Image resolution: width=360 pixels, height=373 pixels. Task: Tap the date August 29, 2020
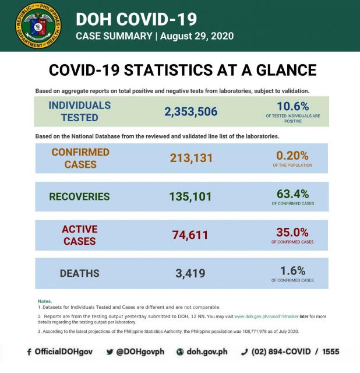196,36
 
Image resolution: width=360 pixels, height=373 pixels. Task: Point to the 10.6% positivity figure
292,107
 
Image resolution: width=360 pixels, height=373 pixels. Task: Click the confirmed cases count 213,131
191,158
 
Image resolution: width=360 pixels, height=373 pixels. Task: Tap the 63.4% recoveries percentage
292,193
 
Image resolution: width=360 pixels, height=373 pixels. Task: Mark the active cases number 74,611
191,235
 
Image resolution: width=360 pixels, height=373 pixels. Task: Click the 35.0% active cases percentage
292,231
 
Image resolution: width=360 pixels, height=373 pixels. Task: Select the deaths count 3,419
191,273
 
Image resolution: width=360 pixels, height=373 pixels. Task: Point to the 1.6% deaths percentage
292,270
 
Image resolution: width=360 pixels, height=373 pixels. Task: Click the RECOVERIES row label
79,196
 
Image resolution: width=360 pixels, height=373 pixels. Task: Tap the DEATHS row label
79,273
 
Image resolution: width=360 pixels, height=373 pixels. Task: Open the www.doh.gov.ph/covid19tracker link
266,316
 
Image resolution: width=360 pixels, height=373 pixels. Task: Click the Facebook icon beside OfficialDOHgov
29,352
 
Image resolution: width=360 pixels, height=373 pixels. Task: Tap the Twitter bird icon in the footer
110,352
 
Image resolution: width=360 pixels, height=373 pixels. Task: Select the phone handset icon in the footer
245,352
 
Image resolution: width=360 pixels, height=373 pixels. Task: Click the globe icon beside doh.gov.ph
180,352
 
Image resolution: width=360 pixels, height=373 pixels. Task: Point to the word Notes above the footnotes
44,301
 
